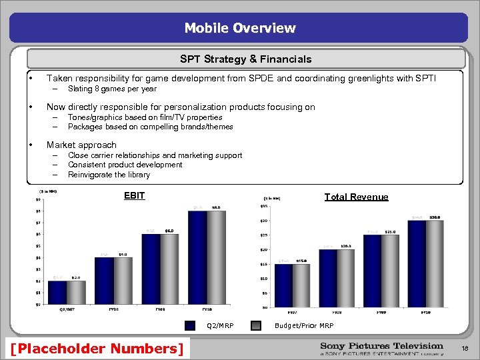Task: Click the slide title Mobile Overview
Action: [x=240, y=28]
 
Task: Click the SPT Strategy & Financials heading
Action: [x=245, y=59]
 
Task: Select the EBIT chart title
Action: [x=135, y=196]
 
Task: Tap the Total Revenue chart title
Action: [x=356, y=197]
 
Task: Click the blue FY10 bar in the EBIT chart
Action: [x=198, y=257]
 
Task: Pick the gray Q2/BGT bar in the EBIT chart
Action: [x=76, y=292]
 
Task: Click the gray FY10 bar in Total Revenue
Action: [x=435, y=263]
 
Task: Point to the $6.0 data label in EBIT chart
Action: [x=170, y=230]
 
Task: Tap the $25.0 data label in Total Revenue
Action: [x=391, y=231]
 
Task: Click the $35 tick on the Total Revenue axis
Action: [x=263, y=205]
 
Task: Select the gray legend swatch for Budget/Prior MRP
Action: [x=256, y=326]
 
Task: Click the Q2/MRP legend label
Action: [x=220, y=326]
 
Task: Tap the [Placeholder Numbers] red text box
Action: [x=97, y=348]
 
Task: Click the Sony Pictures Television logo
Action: [x=381, y=348]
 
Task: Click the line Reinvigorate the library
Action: [x=109, y=175]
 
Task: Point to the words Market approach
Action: [x=81, y=145]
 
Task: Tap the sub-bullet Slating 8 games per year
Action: [x=112, y=89]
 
